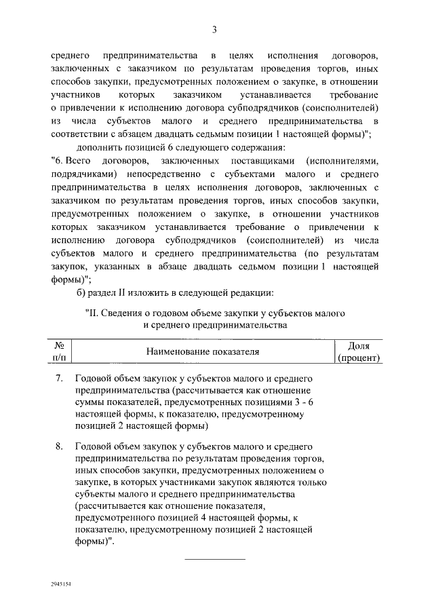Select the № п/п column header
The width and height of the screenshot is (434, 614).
tap(59, 351)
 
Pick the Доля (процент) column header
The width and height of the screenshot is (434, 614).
tap(358, 351)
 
